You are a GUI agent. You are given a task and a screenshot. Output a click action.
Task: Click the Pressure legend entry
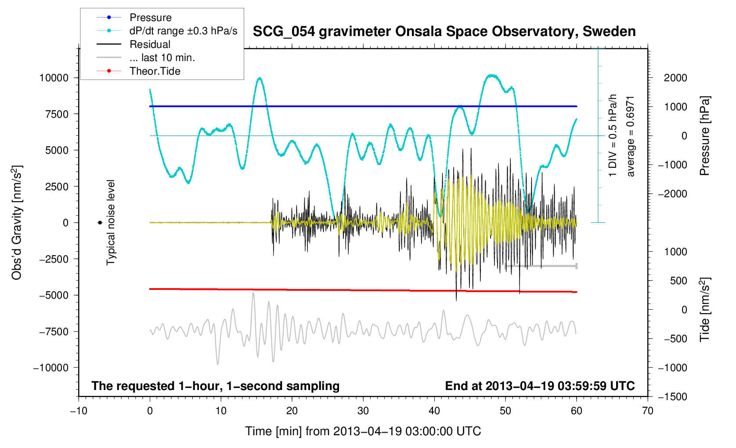(x=150, y=18)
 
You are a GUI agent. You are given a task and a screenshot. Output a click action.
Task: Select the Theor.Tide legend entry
(x=155, y=71)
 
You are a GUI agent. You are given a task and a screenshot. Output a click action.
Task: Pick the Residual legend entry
(x=150, y=44)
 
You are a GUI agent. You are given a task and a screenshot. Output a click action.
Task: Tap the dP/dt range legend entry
(x=183, y=31)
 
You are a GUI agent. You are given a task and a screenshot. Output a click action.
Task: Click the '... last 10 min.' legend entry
(x=162, y=58)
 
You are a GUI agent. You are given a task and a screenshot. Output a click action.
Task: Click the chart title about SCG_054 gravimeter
(x=444, y=32)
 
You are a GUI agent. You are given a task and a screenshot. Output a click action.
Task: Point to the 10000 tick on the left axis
(x=54, y=78)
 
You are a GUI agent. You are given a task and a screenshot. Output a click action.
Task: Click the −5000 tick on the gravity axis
(x=54, y=295)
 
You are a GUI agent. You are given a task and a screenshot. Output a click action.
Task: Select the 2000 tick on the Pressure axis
(x=675, y=78)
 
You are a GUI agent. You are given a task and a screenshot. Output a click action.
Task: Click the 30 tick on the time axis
(x=363, y=411)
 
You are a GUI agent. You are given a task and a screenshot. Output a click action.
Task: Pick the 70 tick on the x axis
(x=647, y=411)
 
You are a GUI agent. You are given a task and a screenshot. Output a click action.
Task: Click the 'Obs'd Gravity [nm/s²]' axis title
(x=17, y=223)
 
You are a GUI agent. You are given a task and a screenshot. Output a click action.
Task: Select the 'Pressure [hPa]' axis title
(x=704, y=136)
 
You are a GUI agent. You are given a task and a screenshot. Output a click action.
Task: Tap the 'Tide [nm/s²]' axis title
(x=704, y=310)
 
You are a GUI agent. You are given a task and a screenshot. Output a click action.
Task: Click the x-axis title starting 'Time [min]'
(x=363, y=431)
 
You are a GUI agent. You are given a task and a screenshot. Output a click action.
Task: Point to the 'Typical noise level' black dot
(x=100, y=223)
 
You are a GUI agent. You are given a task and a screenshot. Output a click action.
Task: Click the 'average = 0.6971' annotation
(x=631, y=136)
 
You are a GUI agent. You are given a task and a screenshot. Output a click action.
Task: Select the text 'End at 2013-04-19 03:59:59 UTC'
(x=540, y=386)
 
